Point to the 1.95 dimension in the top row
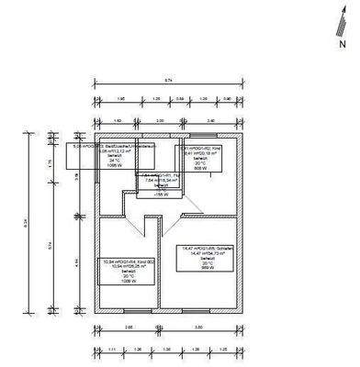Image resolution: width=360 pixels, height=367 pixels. coord(107,98)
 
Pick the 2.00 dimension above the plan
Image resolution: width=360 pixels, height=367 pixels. coord(159,120)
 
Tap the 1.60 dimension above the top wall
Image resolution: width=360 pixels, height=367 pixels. coord(117,120)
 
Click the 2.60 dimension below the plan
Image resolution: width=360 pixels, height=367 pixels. coord(129,326)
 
